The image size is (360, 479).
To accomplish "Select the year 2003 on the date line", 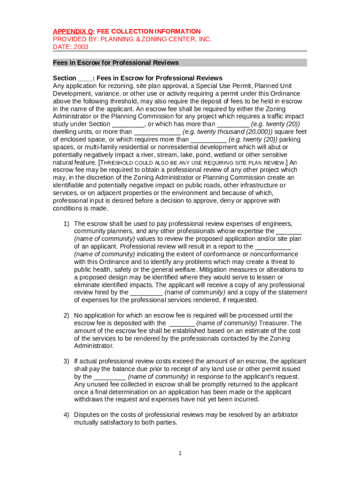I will click(x=80, y=47).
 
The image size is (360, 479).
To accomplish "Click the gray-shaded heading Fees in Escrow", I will click(x=115, y=63).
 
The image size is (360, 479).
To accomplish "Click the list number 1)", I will click(x=66, y=224).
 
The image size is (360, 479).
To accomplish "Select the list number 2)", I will click(x=66, y=315).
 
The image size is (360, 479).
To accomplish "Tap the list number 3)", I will click(x=66, y=361).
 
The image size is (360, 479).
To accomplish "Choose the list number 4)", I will click(x=66, y=414).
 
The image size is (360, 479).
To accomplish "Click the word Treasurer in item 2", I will click(x=274, y=323).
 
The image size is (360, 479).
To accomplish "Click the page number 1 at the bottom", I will click(x=180, y=453).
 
